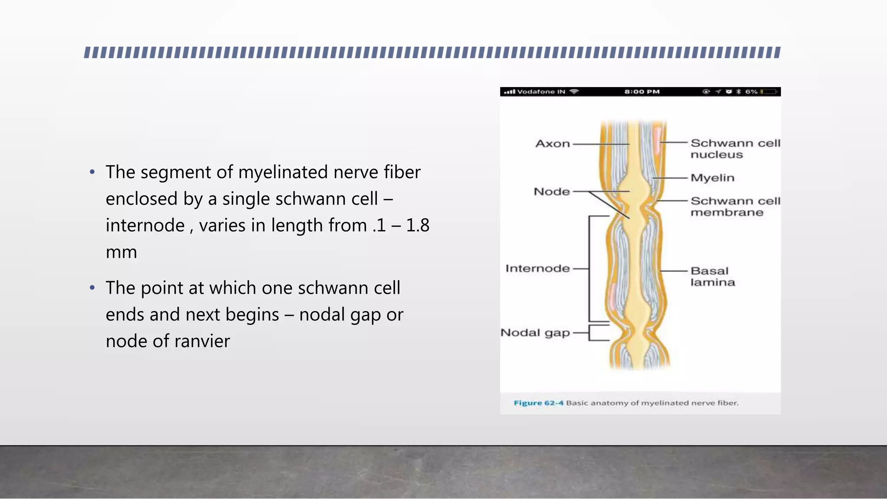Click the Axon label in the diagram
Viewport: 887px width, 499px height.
click(x=553, y=144)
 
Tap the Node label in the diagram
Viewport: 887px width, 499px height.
click(x=552, y=191)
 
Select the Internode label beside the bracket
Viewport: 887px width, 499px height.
click(x=537, y=269)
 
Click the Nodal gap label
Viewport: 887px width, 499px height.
click(x=535, y=333)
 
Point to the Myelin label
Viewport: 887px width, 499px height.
click(x=712, y=178)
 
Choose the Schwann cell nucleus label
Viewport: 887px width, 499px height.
click(x=735, y=149)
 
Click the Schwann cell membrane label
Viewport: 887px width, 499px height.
click(x=735, y=207)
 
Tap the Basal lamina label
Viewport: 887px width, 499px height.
click(x=712, y=276)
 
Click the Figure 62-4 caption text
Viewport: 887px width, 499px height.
click(x=625, y=403)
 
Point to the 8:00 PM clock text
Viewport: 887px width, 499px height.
click(x=642, y=92)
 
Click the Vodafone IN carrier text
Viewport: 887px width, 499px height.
click(x=541, y=92)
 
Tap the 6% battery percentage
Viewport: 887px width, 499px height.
click(x=751, y=92)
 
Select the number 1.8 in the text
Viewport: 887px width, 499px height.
click(x=418, y=225)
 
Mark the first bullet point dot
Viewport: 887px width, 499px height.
click(x=92, y=172)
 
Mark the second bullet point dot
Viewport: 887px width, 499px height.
click(x=92, y=288)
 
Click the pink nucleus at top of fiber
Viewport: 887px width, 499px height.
click(x=658, y=141)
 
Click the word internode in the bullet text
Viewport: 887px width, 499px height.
click(x=145, y=226)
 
